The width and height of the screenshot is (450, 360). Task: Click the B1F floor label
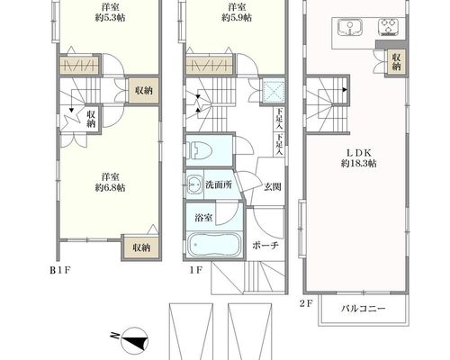click(60, 270)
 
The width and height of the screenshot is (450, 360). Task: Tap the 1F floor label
click(196, 270)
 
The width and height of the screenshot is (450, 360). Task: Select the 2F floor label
click(306, 304)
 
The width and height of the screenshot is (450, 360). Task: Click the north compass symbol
click(134, 340)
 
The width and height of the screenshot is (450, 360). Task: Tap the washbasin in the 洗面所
click(194, 184)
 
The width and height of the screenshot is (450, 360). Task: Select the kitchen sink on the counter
click(350, 27)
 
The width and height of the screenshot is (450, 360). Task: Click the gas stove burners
click(388, 27)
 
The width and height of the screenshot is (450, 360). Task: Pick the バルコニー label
click(363, 309)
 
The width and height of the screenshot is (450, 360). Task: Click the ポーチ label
click(265, 246)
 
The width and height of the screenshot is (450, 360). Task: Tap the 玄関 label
click(273, 187)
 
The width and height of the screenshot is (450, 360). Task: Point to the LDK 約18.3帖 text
click(359, 158)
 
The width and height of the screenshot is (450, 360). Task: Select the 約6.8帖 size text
click(110, 188)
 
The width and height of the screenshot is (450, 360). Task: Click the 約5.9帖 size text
click(237, 18)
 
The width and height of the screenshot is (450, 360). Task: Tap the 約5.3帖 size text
click(110, 18)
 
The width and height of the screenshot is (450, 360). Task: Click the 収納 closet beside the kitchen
click(397, 61)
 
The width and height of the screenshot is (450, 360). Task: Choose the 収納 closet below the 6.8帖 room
click(141, 247)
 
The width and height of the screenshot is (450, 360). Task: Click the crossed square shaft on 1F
click(274, 90)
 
